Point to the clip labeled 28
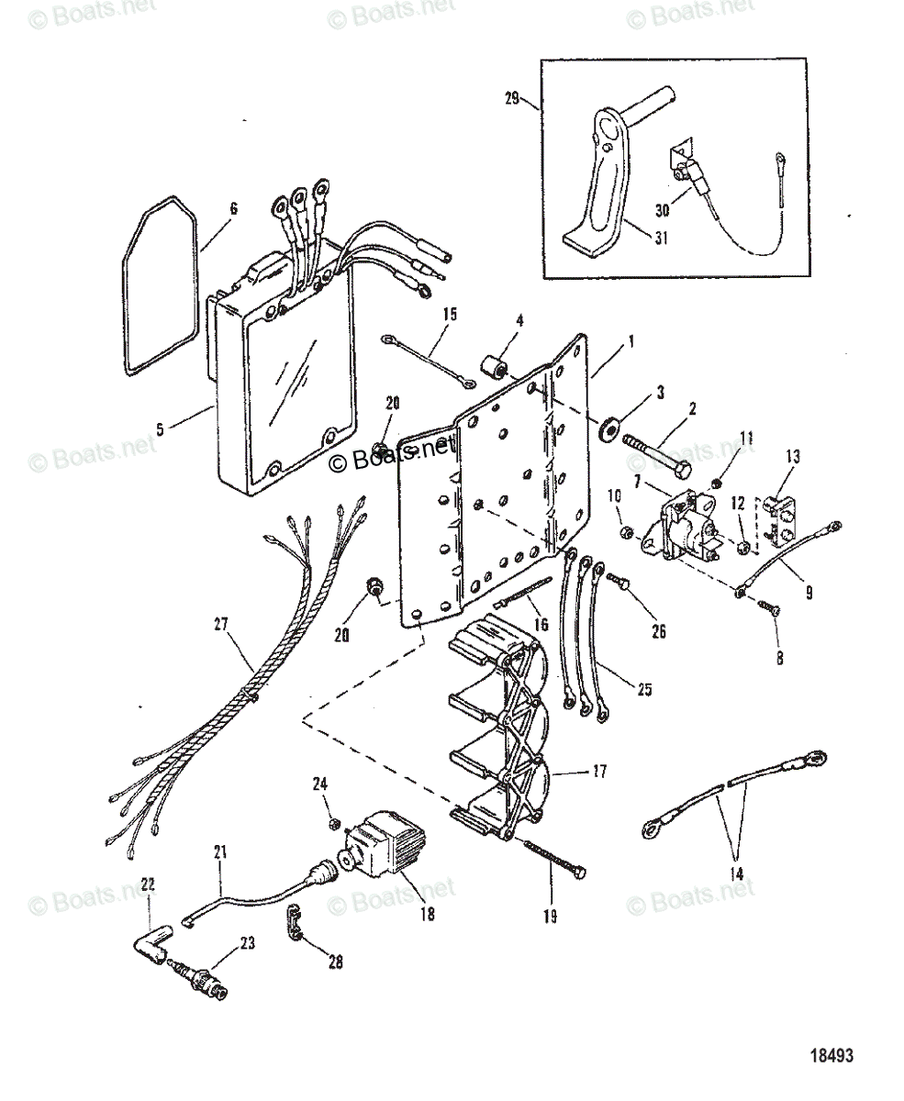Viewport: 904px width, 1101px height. coord(293,923)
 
